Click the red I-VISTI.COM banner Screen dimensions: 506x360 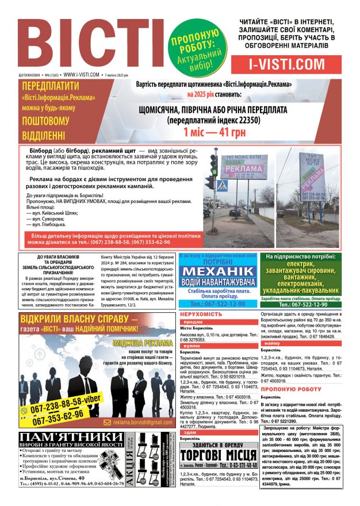pos(287,63)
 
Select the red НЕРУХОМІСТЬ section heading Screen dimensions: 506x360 pos(201,315)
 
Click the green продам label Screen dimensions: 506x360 pos(193,323)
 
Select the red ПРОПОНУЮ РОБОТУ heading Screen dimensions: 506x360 pos(293,389)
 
